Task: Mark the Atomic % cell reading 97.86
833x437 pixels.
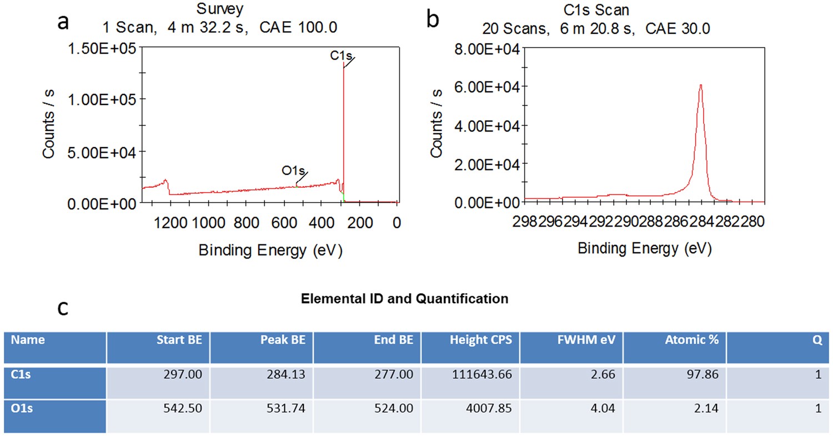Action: click(704, 375)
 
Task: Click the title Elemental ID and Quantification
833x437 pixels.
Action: click(404, 299)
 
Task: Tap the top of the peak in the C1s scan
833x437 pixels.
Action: click(701, 85)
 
